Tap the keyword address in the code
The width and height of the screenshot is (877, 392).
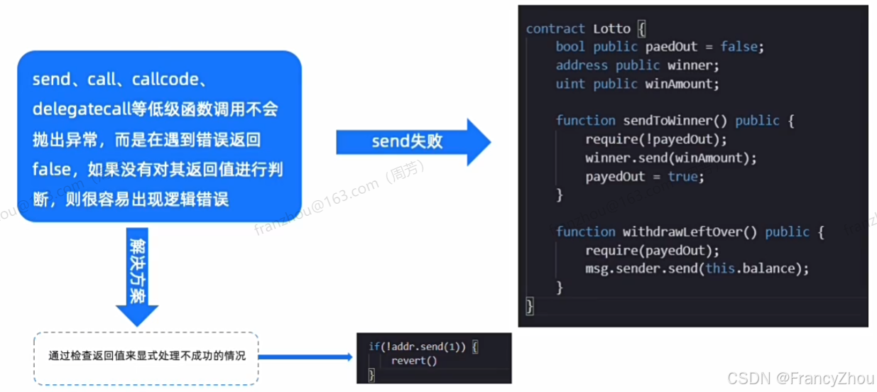pyautogui.click(x=582, y=65)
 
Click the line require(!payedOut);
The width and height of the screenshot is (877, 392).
pyautogui.click(x=656, y=139)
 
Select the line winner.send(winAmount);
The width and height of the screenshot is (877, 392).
pyautogui.click(x=671, y=158)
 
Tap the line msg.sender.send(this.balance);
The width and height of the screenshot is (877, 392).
pyautogui.click(x=697, y=268)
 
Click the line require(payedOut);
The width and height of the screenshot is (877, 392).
pyautogui.click(x=652, y=250)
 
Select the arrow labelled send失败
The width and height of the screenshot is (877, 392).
pyautogui.click(x=412, y=142)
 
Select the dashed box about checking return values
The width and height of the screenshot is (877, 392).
pyautogui.click(x=146, y=357)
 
